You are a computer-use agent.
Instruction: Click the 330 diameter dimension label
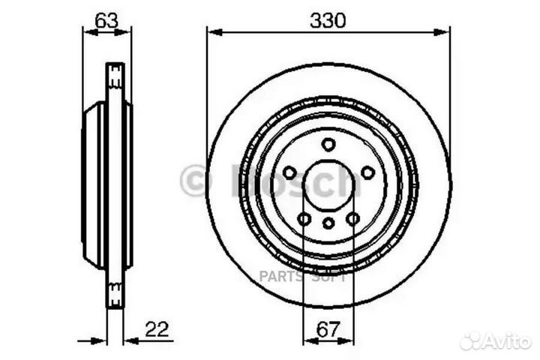point(328,22)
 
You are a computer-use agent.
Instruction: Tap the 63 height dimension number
point(106,21)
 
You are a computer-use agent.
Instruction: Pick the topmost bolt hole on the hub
point(328,145)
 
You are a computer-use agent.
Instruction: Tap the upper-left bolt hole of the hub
point(289,172)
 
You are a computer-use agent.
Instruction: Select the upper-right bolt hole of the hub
point(367,172)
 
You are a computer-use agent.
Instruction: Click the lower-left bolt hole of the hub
point(304,218)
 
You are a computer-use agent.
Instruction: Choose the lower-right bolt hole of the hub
point(352,218)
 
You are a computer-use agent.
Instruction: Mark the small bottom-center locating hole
point(328,223)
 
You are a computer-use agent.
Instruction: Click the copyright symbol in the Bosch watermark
point(193,181)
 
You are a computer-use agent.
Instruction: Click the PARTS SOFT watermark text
point(302,276)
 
